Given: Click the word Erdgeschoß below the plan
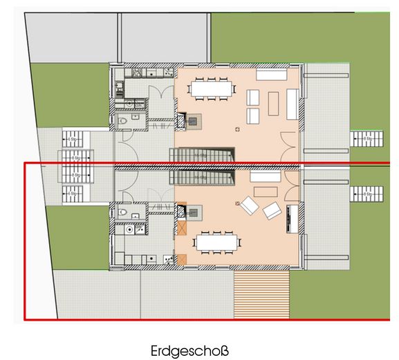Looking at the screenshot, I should (188, 350).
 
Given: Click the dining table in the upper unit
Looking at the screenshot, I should (212, 89).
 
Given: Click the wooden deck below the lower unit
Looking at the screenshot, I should (261, 294).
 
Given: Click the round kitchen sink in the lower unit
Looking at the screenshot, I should (131, 228).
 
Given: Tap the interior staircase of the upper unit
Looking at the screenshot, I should (203, 156).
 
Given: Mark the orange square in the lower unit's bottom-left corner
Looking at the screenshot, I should (183, 260).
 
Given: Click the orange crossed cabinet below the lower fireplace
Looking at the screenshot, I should (183, 228).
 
